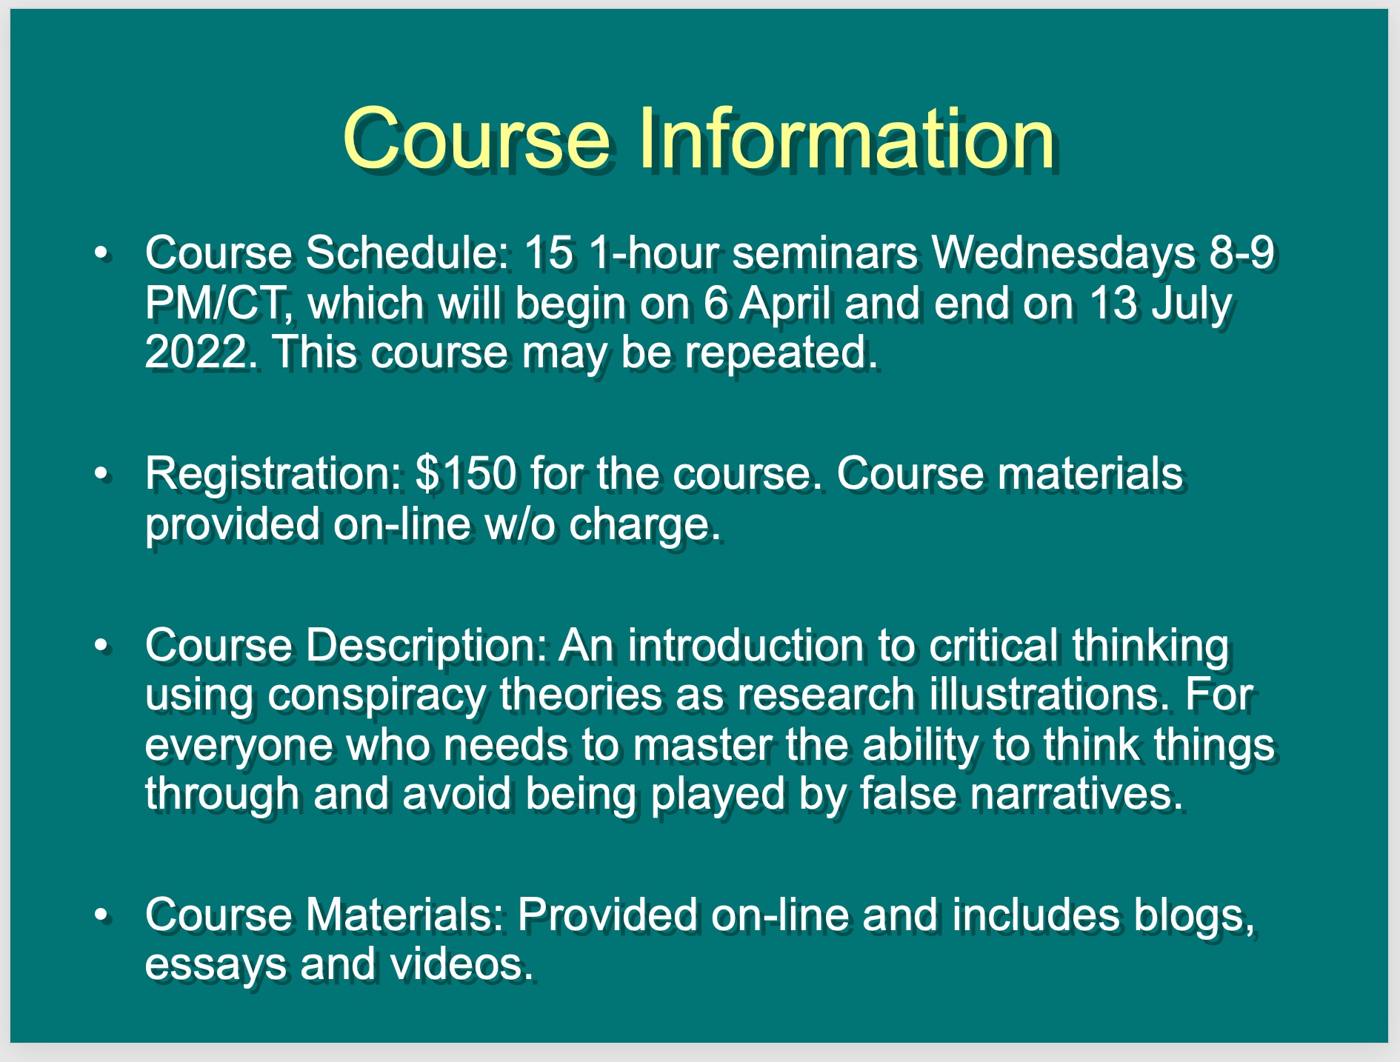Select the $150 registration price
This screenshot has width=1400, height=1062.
point(466,473)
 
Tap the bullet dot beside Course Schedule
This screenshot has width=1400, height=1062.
point(101,254)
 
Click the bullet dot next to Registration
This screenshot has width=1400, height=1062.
point(101,474)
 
